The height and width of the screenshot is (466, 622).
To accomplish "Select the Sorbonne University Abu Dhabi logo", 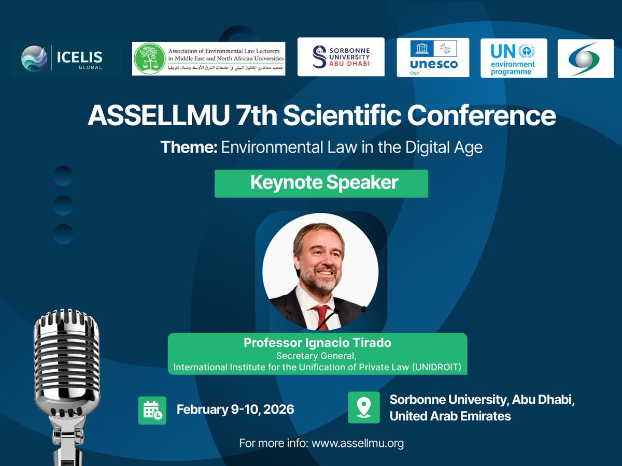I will point(341,57).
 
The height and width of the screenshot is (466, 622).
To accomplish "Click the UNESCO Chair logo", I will point(433,57).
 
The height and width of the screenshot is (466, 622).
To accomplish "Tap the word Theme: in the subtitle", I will point(189,148).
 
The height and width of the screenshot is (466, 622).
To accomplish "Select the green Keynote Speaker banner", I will point(321,183).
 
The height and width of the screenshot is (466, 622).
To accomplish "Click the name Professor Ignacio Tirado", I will point(317,343).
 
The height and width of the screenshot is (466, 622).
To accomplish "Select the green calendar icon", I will point(152,410).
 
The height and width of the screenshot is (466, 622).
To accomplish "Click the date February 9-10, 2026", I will point(235,410).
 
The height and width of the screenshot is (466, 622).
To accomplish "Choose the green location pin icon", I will point(364,407).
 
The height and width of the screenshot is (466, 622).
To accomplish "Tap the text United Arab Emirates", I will point(450,416).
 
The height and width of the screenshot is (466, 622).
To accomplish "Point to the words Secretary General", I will point(317,356).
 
